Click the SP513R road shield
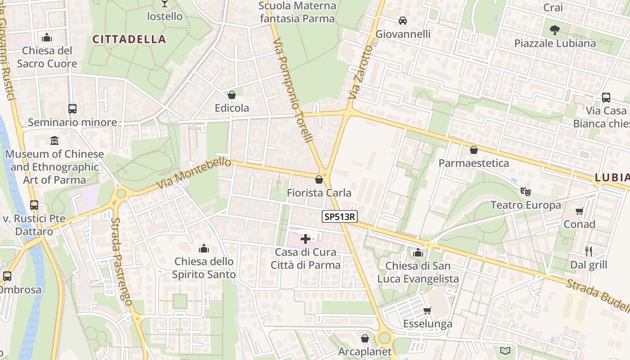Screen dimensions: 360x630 (x=340, y=217)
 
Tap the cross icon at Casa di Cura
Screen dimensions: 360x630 (x=305, y=239)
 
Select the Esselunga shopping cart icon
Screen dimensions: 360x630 (x=427, y=310)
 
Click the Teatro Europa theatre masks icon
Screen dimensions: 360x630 (x=524, y=191)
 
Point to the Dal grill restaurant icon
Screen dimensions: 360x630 (x=588, y=251)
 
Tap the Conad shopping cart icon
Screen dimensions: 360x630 (x=580, y=211)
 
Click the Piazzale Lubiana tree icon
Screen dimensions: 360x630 (x=554, y=30)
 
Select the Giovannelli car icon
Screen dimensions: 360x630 (x=403, y=21)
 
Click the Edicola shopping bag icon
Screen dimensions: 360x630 (x=232, y=95)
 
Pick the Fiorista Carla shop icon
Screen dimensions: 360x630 (x=319, y=180)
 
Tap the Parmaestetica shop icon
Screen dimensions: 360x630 (x=473, y=150)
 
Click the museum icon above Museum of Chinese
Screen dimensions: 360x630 (x=54, y=140)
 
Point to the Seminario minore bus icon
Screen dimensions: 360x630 (x=72, y=108)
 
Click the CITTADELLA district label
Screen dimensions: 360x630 (x=130, y=40)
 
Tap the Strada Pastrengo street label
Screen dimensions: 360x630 (x=121, y=262)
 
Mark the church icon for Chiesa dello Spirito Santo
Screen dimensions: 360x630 (x=203, y=248)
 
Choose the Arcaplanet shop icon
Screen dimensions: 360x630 (x=365, y=338)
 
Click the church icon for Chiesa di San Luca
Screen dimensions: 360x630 (x=418, y=252)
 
